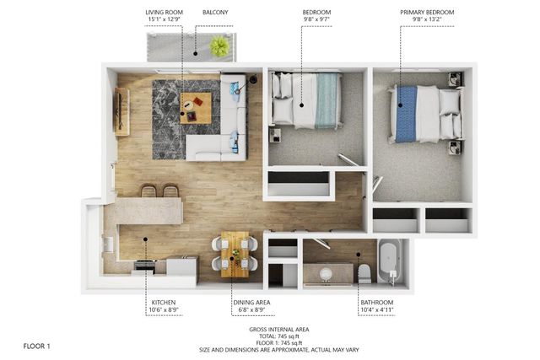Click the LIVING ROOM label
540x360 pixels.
164,13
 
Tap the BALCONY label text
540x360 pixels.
215,13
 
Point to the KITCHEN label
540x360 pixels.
164,302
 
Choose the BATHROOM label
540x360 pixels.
376,302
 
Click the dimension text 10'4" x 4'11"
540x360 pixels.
376,310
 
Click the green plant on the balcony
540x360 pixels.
219,46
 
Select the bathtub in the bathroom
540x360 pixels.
390,261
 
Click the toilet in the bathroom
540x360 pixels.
364,272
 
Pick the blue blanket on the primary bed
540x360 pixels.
407,114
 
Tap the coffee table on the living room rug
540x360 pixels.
195,109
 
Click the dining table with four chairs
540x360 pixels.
235,254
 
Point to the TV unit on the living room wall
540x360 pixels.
122,111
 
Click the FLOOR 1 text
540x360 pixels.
37,346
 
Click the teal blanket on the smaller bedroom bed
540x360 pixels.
327,101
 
